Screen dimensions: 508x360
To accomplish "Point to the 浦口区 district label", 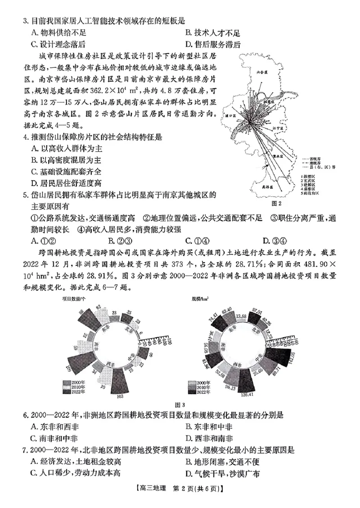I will pyautogui.click(x=233, y=116).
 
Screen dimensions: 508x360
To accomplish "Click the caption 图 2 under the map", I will pyautogui.click(x=277, y=203).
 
